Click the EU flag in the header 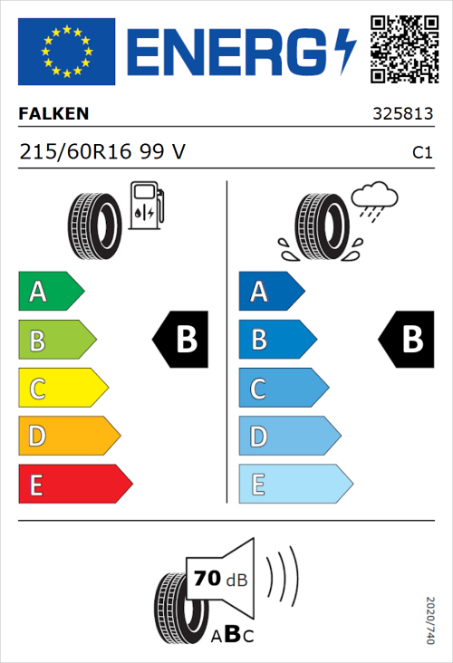click(66, 52)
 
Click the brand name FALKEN click(53, 115)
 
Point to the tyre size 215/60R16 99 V click(101, 152)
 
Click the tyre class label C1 click(421, 153)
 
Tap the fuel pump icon click(146, 205)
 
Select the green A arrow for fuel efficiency click(50, 292)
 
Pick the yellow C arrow click(62, 389)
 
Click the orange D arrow click(68, 437)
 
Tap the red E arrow click(74, 485)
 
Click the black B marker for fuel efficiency click(181, 340)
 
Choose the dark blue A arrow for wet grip click(270, 292)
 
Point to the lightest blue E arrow click(294, 485)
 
